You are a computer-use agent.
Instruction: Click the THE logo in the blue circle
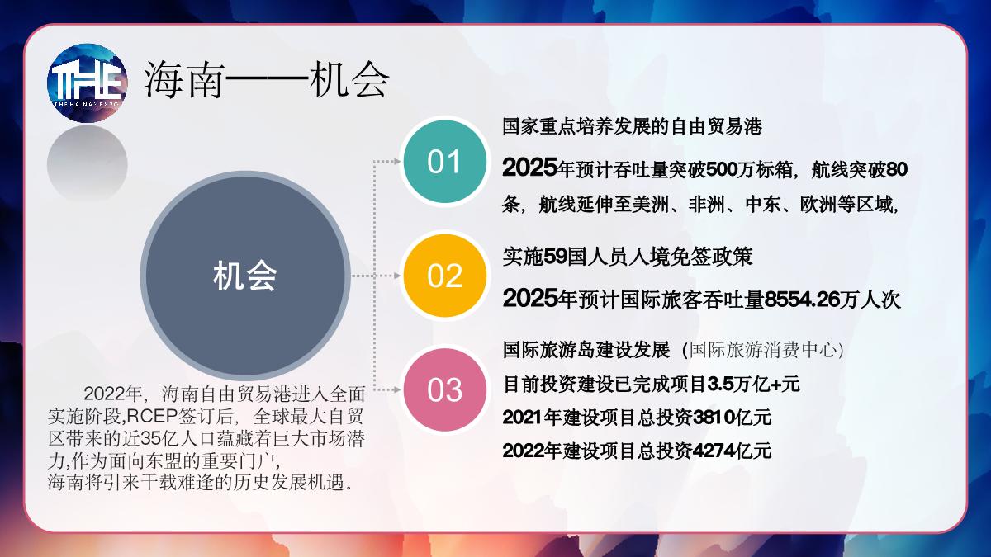(x=88, y=83)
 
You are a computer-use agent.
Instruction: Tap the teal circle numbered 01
(x=445, y=162)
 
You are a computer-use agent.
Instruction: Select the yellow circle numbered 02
(x=445, y=276)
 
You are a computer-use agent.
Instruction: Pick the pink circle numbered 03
(x=445, y=389)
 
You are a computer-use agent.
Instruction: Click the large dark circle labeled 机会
(x=245, y=276)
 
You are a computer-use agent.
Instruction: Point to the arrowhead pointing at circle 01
(x=397, y=162)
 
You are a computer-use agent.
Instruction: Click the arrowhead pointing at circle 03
(x=397, y=389)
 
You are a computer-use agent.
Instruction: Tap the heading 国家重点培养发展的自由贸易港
(x=632, y=126)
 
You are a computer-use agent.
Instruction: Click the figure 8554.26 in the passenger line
(x=802, y=300)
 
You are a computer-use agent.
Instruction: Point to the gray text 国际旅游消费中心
(x=763, y=350)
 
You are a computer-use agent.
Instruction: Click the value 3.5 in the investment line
(x=720, y=385)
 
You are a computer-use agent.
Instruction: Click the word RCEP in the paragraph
(x=152, y=416)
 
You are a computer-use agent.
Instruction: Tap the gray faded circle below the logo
(x=88, y=164)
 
